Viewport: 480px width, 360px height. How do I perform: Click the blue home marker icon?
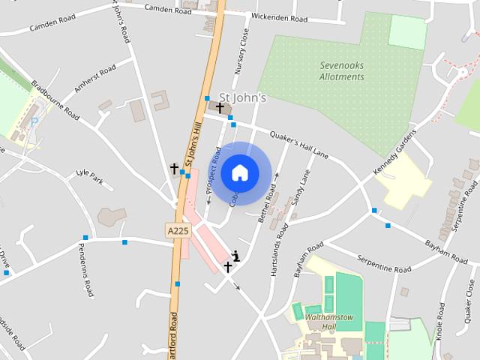tap(239, 173)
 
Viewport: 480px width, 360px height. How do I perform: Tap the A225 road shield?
tap(177, 231)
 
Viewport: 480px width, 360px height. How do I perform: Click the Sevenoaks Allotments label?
tap(341, 71)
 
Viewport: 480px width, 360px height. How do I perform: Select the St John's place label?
tap(242, 97)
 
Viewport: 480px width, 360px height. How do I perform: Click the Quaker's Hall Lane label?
tap(298, 142)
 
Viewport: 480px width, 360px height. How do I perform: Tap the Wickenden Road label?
tap(280, 16)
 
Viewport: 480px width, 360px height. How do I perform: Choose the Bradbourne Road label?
tap(55, 99)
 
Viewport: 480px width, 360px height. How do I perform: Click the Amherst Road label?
tap(95, 79)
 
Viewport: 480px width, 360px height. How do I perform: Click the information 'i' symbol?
tap(236, 256)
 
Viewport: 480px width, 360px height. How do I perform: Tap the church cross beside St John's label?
tap(219, 108)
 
